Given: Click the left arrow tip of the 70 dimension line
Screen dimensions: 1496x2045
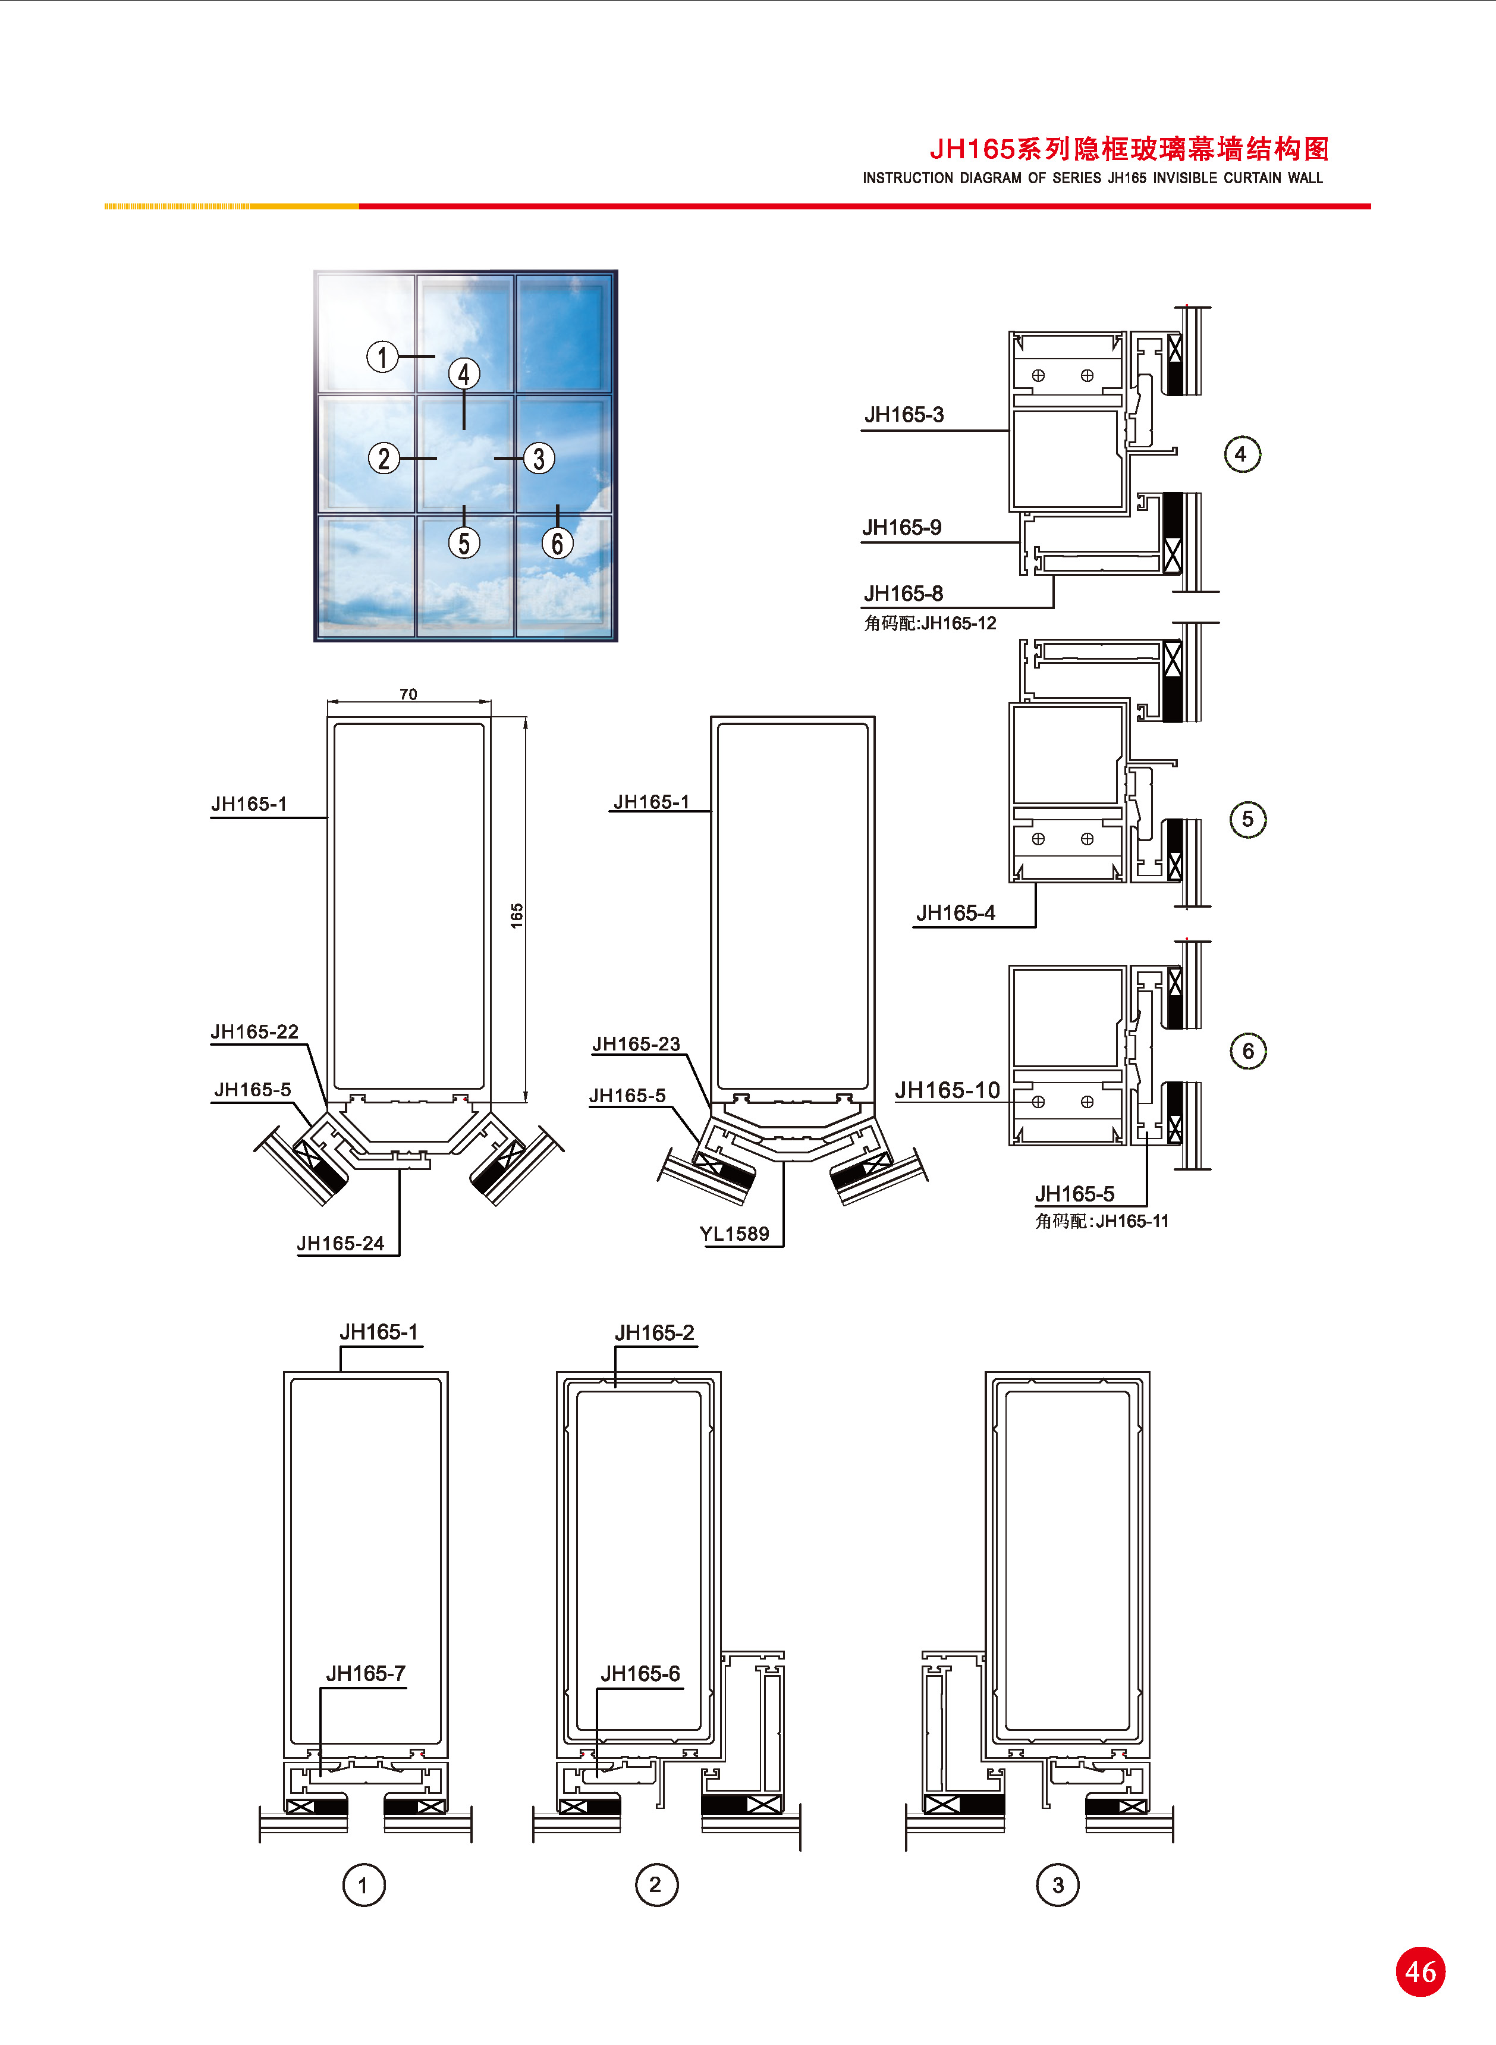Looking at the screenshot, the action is (328, 702).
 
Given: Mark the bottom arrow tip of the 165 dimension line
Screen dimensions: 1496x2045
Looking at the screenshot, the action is (525, 1102).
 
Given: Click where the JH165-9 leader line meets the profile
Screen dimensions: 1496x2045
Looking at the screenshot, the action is (1020, 542).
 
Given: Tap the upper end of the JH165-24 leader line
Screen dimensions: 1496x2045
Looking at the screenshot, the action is (400, 1168).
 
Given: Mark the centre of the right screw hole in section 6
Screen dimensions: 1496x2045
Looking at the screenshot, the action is (1087, 1102).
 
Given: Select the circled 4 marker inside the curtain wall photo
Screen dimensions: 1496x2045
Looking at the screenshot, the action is (464, 373).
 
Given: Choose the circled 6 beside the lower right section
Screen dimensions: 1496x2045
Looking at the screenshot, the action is (1248, 1050).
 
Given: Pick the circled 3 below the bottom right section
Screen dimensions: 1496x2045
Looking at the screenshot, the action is (1058, 1885).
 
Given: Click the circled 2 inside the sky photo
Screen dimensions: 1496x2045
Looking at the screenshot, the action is (384, 458).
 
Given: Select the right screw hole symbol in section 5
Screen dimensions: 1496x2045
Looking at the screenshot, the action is (1087, 839).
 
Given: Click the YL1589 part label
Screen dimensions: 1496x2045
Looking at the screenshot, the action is (734, 1234).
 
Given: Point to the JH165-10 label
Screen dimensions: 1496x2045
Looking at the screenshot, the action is (947, 1090).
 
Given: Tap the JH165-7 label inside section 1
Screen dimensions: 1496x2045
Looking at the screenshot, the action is (366, 1674).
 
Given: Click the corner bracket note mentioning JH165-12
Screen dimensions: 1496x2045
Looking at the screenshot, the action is (930, 623).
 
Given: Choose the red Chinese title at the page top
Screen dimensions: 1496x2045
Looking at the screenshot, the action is (1129, 149).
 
